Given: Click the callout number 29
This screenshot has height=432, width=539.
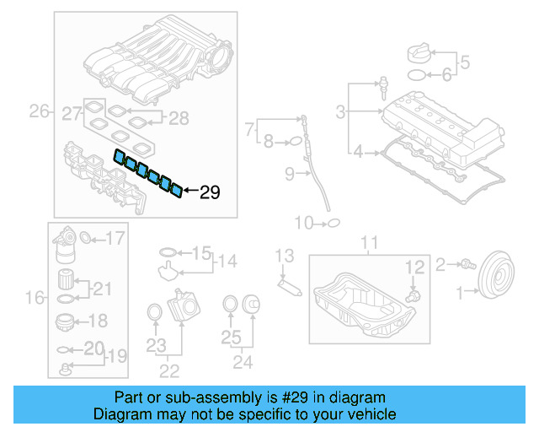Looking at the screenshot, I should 210,192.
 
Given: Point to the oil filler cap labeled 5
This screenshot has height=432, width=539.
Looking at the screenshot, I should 419,53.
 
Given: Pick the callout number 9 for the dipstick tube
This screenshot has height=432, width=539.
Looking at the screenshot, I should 288,175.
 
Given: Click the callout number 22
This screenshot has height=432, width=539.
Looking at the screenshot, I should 169,370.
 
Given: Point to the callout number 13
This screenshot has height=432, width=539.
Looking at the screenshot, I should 284,255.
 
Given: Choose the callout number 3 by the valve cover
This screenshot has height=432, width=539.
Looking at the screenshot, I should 340,111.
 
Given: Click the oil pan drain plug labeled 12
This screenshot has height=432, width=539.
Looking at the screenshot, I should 413,296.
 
